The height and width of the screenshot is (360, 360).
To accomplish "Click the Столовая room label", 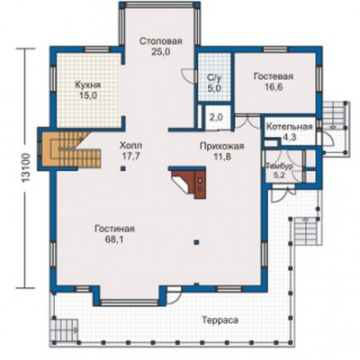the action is pos(161,41).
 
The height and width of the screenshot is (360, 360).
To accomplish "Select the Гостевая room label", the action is pos(274,76).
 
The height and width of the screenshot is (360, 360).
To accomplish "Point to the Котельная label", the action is pos(290,127).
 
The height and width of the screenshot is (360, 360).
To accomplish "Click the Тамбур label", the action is pos(280,166).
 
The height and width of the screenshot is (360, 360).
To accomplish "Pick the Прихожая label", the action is pos(222,146).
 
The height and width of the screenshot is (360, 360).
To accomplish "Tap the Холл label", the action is pos(131,146).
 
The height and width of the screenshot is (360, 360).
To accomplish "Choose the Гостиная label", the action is pos(115,229).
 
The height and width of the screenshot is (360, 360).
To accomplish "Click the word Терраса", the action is pos(220,320).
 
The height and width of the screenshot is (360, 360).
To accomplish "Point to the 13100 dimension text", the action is pos(26,167).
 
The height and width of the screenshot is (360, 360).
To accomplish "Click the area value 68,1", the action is pos(114,239).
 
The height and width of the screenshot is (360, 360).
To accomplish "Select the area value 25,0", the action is pos(160,52).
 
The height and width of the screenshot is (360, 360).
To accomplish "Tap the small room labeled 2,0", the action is pos(216,118).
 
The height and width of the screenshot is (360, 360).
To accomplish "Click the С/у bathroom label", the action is pos(214,78).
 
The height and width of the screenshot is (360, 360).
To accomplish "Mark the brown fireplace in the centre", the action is pos(189,182).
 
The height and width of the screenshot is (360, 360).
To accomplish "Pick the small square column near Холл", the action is pos(122,168).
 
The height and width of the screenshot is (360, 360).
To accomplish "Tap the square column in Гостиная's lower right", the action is pos(196,241).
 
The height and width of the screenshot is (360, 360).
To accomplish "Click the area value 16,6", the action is pos(274,87).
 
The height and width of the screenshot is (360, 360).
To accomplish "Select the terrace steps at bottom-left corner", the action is pos(64,330).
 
